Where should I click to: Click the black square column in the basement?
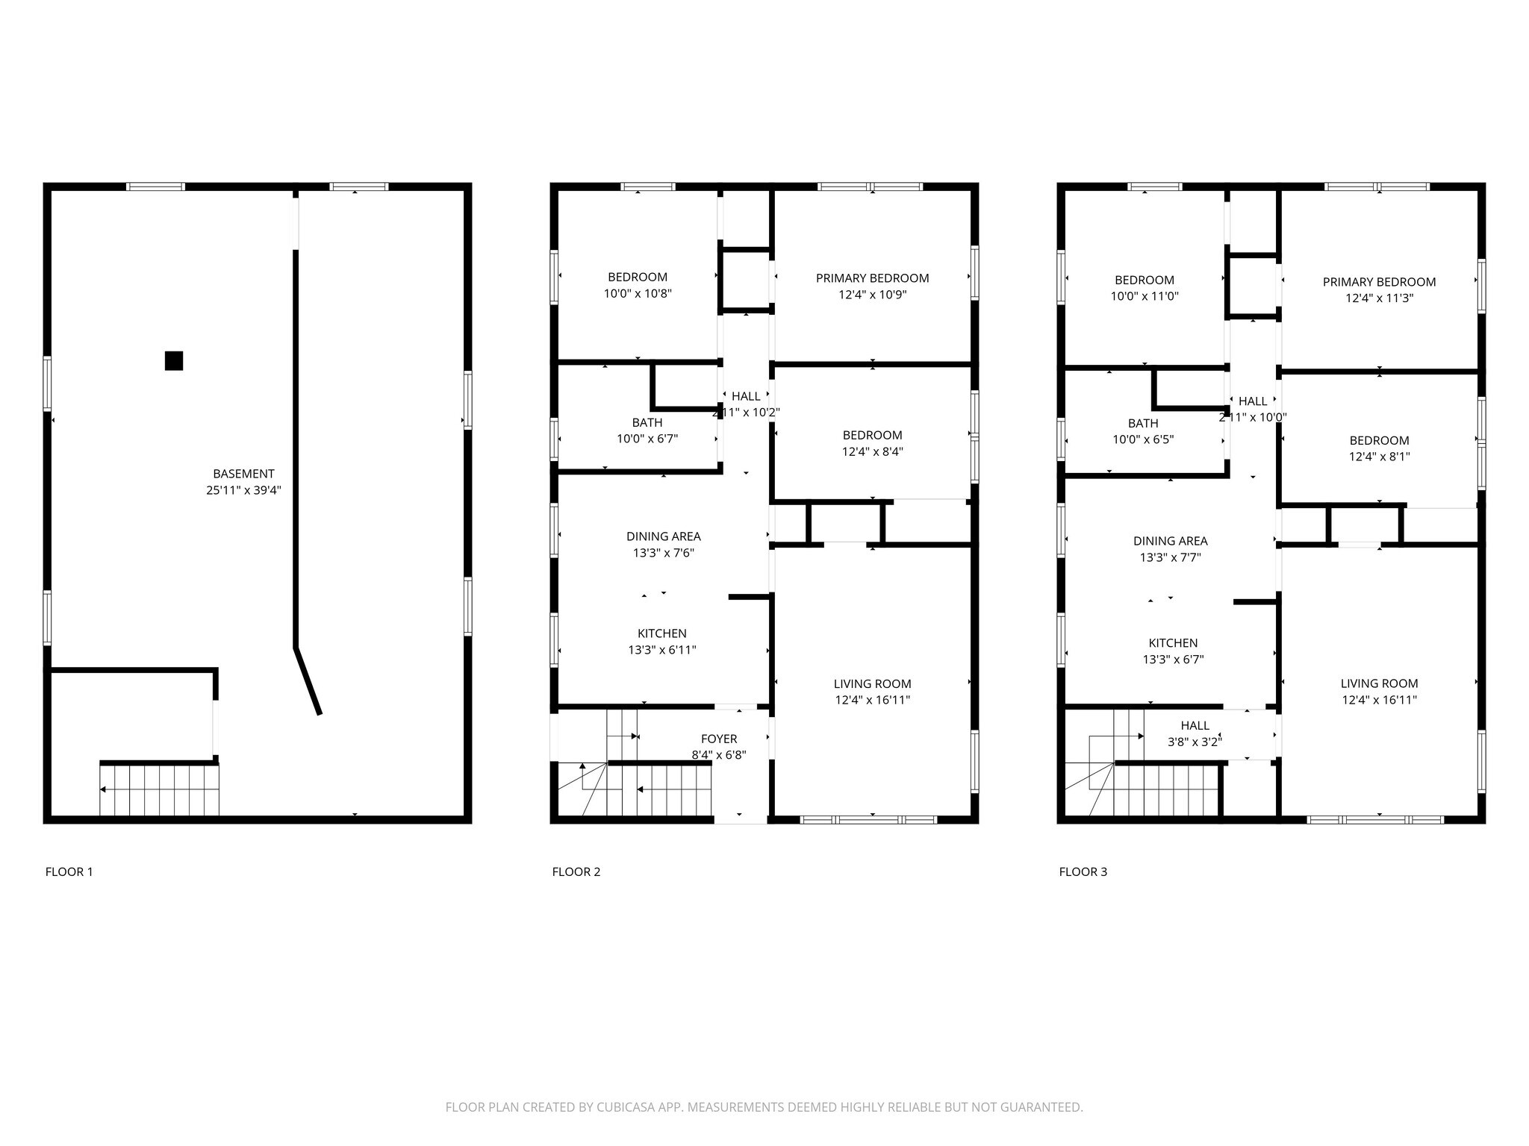pyautogui.click(x=174, y=360)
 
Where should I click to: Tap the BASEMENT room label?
pyautogui.click(x=243, y=474)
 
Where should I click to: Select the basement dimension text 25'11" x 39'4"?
pyautogui.click(x=243, y=491)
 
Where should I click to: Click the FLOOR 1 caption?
pyautogui.click(x=69, y=871)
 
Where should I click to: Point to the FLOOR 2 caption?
pyautogui.click(x=576, y=871)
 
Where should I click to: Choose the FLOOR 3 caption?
pyautogui.click(x=1083, y=871)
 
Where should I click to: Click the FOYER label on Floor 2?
pyautogui.click(x=719, y=739)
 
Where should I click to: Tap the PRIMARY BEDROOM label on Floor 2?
pyautogui.click(x=872, y=278)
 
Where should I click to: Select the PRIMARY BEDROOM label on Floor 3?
pyautogui.click(x=1379, y=282)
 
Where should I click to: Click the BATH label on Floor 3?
pyautogui.click(x=1143, y=423)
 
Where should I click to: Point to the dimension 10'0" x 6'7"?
pyautogui.click(x=647, y=439)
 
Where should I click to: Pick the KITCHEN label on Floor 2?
pyautogui.click(x=661, y=633)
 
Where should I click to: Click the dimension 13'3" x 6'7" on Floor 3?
pyautogui.click(x=1173, y=660)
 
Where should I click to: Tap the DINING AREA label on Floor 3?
pyautogui.click(x=1170, y=541)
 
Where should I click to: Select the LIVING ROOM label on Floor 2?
pyautogui.click(x=872, y=683)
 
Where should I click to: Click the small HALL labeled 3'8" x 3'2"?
pyautogui.click(x=1195, y=725)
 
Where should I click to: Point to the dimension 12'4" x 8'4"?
pyautogui.click(x=872, y=451)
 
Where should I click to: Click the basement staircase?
pyautogui.click(x=160, y=789)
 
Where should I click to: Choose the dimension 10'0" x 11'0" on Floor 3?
pyautogui.click(x=1144, y=296)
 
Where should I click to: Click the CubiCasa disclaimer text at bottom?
pyautogui.click(x=764, y=1107)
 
